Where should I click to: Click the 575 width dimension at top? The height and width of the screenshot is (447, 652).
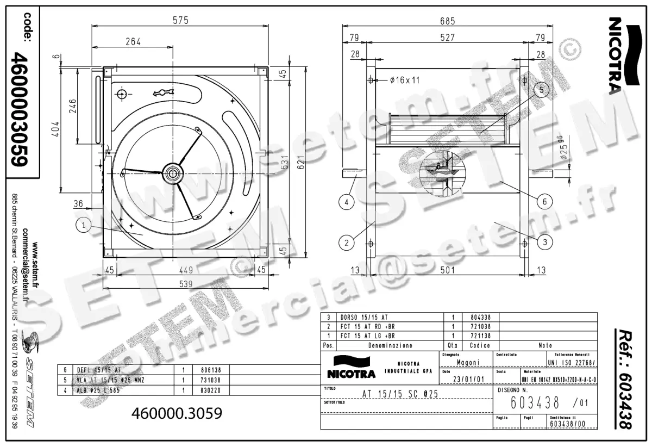[180, 20]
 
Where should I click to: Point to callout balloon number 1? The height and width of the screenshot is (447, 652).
[83, 224]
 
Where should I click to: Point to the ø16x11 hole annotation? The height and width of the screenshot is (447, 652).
[405, 80]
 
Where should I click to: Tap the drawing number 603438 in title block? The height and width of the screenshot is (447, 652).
[535, 402]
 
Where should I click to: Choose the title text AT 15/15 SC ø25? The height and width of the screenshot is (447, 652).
[399, 394]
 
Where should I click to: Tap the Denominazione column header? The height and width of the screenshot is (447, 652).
[390, 345]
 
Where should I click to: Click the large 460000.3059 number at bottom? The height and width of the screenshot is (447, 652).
[177, 413]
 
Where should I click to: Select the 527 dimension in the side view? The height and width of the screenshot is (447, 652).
[447, 38]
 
